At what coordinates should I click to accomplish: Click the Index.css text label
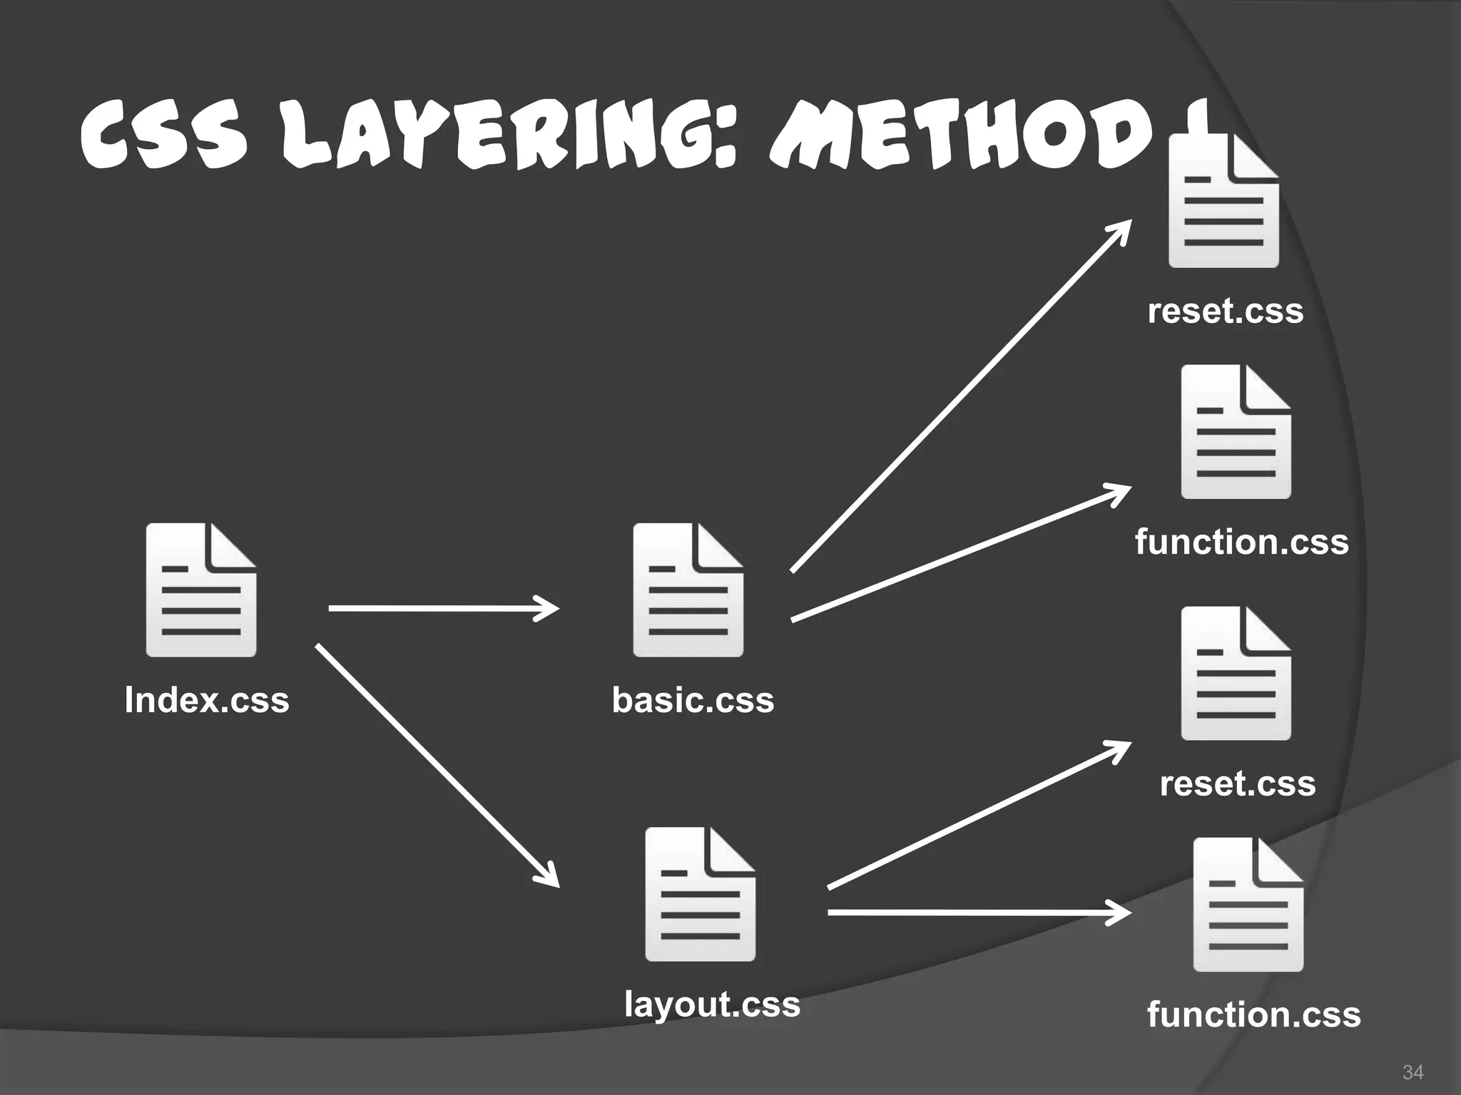click(207, 699)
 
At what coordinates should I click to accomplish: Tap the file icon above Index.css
click(201, 590)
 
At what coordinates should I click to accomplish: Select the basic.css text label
click(693, 699)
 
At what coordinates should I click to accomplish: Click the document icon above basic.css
click(688, 590)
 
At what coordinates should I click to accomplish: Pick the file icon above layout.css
click(700, 894)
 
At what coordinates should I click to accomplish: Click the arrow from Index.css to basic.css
click(442, 608)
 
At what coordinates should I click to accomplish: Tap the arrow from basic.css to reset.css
click(959, 398)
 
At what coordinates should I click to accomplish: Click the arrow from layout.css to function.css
click(977, 912)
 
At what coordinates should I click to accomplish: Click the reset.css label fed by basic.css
click(1225, 311)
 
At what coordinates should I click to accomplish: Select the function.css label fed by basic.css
click(1241, 542)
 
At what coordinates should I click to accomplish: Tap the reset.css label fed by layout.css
click(1237, 783)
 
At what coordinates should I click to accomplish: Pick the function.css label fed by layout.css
click(1253, 1014)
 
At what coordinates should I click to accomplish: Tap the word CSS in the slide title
click(164, 137)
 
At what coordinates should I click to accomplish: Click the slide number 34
click(1412, 1072)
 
